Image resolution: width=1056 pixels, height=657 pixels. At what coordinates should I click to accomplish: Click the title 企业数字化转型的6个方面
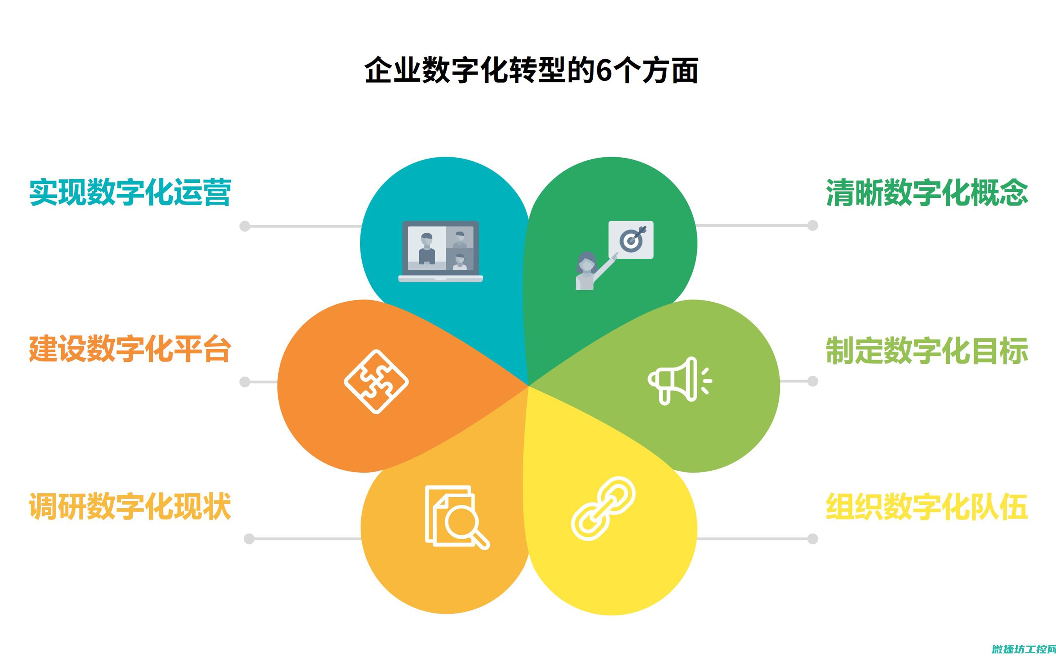(x=531, y=69)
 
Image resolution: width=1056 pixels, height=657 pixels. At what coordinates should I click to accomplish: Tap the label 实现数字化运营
(x=130, y=192)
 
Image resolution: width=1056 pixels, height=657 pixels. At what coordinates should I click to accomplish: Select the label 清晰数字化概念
(x=927, y=192)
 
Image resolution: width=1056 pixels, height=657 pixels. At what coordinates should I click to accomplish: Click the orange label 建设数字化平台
(x=130, y=349)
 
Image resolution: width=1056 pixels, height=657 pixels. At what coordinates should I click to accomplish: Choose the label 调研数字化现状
(x=130, y=506)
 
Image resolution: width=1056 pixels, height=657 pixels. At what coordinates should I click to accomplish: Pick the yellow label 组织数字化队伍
(x=927, y=506)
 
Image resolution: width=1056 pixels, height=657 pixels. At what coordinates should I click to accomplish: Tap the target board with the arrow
(x=631, y=240)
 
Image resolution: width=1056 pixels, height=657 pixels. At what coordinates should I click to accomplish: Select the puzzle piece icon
(x=376, y=382)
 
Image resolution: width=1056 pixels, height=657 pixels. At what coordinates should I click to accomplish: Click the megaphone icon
(x=679, y=381)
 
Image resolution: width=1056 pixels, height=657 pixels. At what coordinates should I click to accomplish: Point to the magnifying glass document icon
(x=457, y=518)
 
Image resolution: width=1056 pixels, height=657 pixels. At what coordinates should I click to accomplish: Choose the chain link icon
(x=603, y=508)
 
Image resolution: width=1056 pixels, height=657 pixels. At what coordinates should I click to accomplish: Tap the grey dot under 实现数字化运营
(x=245, y=226)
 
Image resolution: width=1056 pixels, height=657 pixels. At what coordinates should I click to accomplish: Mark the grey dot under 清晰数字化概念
(x=812, y=225)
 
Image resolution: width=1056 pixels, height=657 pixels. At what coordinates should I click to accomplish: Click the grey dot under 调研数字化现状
(x=249, y=539)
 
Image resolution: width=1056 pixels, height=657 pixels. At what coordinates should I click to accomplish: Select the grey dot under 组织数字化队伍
(x=812, y=539)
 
